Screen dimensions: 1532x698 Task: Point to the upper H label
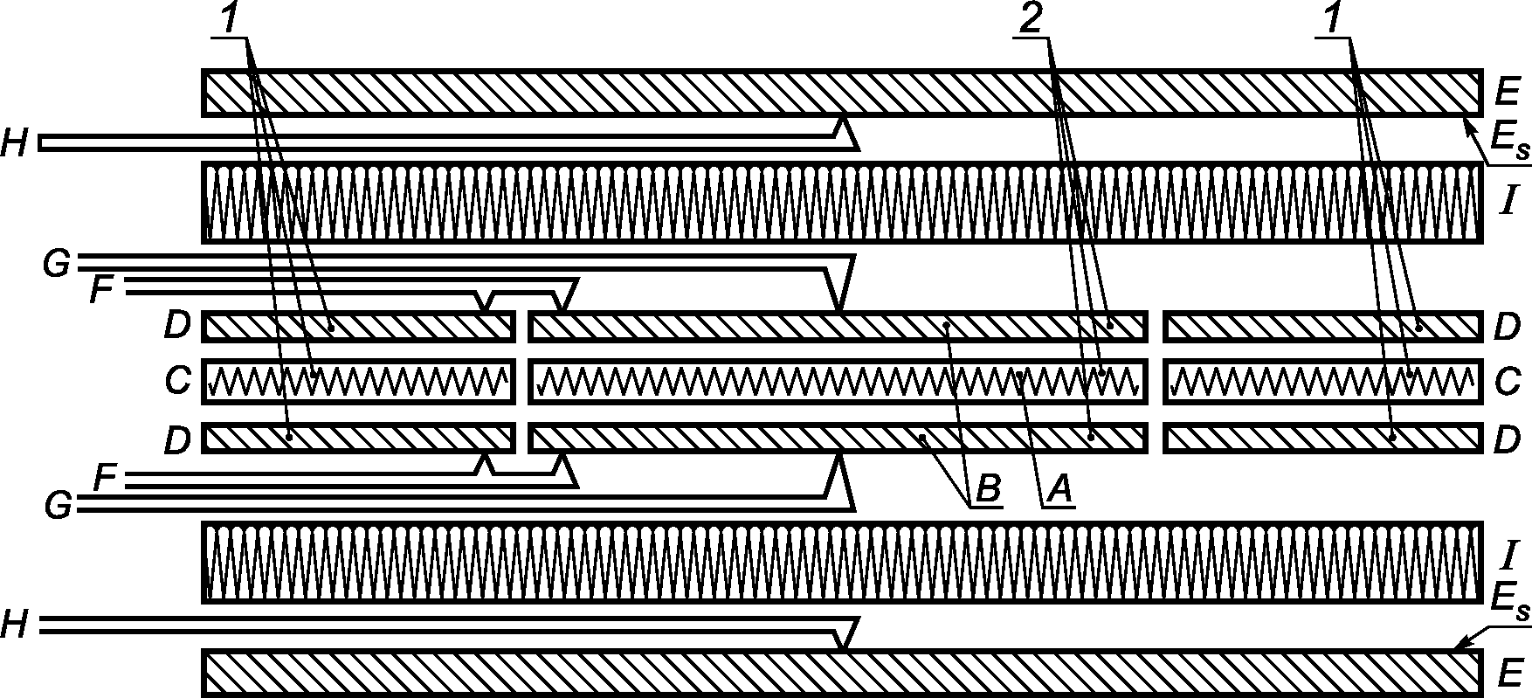pyautogui.click(x=16, y=144)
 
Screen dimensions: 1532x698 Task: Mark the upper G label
pyautogui.click(x=56, y=264)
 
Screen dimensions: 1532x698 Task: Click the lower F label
pyautogui.click(x=105, y=478)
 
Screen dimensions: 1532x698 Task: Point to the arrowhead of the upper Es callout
pyautogui.click(x=1467, y=125)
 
